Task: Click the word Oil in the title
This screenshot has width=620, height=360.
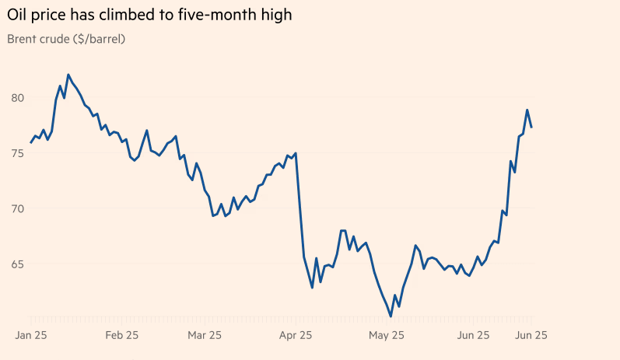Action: pos(18,15)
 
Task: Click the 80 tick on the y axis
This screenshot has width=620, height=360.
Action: pos(17,98)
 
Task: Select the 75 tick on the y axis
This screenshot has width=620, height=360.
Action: pos(17,153)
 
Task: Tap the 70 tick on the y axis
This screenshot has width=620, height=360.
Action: pos(17,208)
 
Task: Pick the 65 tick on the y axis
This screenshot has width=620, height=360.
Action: pos(17,264)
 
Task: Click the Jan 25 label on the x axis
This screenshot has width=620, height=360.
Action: pos(32,335)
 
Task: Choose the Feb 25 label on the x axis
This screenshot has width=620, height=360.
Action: pos(121,335)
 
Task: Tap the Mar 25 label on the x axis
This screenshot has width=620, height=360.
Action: pos(205,335)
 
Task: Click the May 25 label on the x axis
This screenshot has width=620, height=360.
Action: pos(386,335)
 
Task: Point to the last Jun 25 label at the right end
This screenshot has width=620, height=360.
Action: pos(531,335)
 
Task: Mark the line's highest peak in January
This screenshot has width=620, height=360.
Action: pos(68,75)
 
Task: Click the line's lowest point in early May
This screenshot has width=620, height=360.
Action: pos(391,316)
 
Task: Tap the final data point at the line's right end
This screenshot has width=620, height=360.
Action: pos(531,127)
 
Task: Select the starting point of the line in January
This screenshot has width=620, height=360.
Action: pos(31,142)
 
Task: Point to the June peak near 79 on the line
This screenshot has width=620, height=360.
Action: pos(527,110)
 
